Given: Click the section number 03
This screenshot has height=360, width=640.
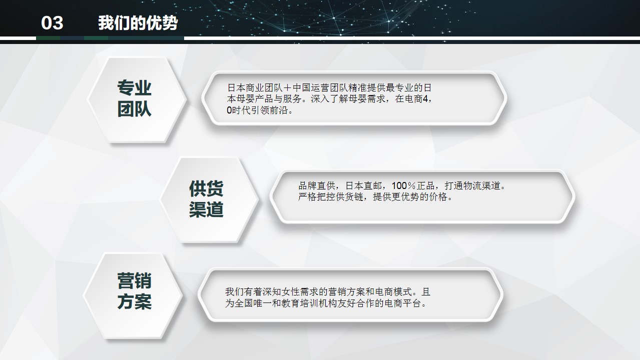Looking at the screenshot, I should click(x=52, y=23).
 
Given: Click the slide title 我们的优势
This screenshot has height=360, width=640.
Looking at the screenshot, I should click(x=138, y=23).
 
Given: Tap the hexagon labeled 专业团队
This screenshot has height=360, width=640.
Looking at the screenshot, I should click(x=134, y=98).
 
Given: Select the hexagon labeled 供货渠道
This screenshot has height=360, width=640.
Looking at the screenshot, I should click(x=206, y=199).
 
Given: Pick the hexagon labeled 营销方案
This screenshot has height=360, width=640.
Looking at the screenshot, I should click(x=134, y=291).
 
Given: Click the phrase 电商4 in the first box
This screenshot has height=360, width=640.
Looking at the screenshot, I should click(x=416, y=98).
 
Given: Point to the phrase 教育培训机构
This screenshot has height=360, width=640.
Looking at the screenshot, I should click(x=291, y=303).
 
